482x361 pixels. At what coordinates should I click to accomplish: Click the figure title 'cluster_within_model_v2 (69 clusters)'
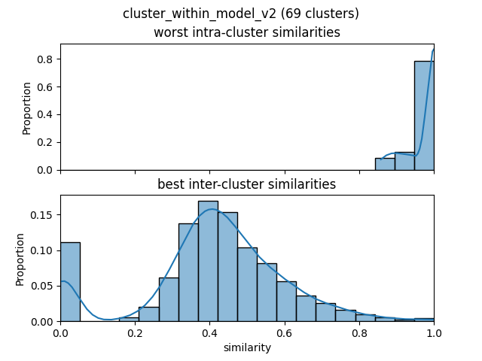(241, 14)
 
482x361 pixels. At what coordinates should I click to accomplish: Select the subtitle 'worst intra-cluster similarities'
(247, 32)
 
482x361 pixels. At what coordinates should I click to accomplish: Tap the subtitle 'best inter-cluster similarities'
(247, 184)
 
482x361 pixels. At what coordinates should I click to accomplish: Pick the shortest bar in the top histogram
(385, 164)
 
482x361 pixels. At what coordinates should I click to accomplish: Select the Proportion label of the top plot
(27, 107)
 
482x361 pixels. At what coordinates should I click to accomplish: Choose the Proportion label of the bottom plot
(20, 259)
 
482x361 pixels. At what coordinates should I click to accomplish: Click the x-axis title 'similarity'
(247, 348)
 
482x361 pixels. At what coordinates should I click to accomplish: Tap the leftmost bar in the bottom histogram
(70, 282)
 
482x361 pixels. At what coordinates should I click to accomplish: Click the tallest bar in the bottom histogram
(208, 261)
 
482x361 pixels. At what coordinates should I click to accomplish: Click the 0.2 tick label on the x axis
(135, 332)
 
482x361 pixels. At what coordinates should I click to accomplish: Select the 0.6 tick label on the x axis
(285, 332)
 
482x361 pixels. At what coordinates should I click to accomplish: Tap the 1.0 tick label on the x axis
(434, 332)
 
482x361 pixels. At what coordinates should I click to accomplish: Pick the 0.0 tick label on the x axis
(60, 332)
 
